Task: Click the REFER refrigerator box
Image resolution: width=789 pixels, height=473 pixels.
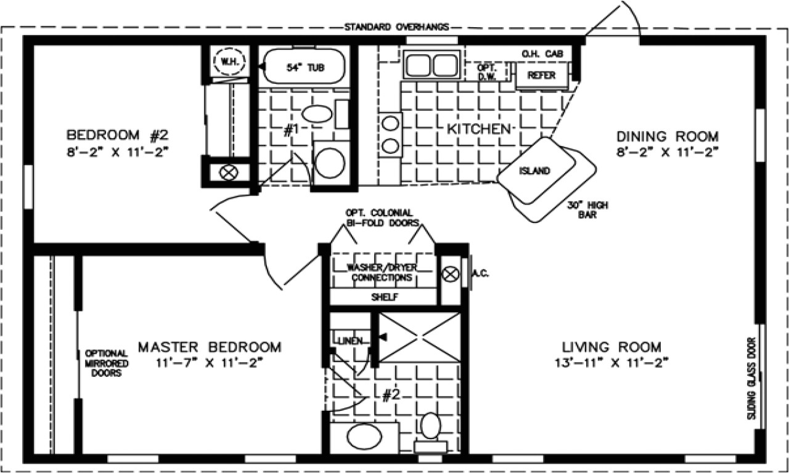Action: [541, 75]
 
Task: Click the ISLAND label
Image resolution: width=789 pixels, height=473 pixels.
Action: [534, 171]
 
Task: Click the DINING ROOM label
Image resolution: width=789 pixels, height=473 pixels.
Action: [668, 136]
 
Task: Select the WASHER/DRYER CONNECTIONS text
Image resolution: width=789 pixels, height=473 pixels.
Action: [382, 273]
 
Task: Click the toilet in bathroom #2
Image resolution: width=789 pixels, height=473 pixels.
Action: [430, 427]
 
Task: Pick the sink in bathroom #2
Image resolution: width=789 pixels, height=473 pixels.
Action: [361, 437]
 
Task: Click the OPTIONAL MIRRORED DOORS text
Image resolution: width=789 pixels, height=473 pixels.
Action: [106, 363]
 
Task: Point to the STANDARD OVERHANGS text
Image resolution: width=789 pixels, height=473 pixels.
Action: [396, 27]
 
